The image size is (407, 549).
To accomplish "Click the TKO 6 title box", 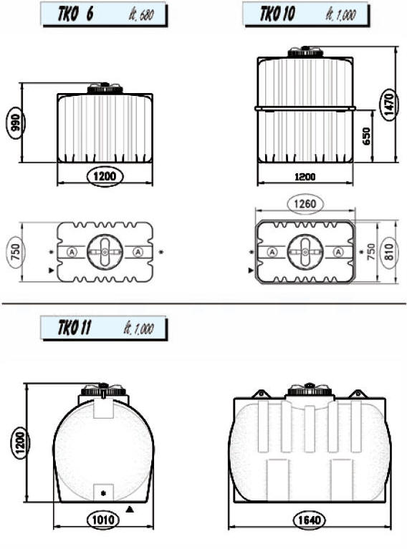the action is pyautogui.click(x=104, y=14).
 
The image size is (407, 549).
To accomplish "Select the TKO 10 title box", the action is pyautogui.click(x=306, y=14).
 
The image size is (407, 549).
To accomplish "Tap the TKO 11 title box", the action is pyautogui.click(x=104, y=328).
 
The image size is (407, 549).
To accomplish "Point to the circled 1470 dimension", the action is pyautogui.click(x=389, y=105).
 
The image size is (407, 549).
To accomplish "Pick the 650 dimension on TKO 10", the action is pyautogui.click(x=365, y=136).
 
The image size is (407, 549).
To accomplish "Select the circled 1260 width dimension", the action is pyautogui.click(x=305, y=204).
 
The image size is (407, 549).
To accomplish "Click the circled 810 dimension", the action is pyautogui.click(x=389, y=251).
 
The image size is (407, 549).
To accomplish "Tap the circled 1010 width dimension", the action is pyautogui.click(x=103, y=519).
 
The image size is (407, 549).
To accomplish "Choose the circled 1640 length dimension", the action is pyautogui.click(x=310, y=520).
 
